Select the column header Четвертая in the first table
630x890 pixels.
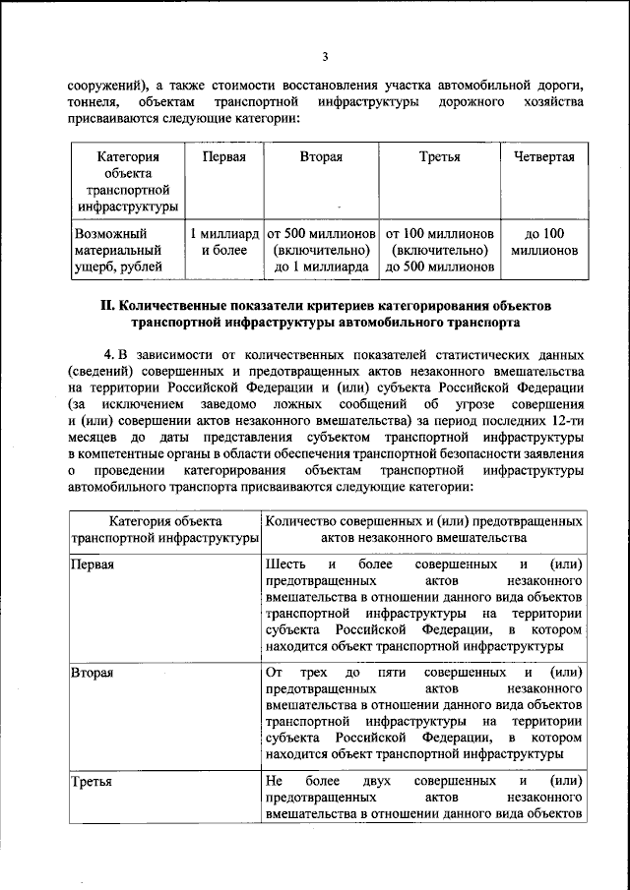537,157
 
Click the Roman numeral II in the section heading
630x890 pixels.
107,306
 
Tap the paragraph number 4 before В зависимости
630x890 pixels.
108,352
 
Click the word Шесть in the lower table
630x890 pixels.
285,564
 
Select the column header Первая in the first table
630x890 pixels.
223,157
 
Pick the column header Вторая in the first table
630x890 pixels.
322,157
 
